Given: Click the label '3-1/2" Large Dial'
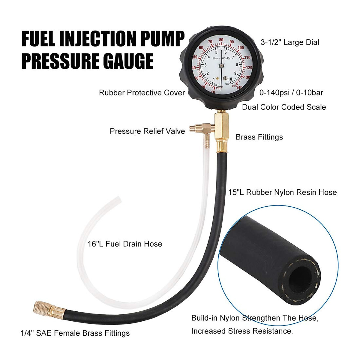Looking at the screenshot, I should coord(290,42).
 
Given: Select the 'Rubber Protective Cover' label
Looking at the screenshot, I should coord(142,93).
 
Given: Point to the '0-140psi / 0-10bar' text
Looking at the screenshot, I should coord(291,93).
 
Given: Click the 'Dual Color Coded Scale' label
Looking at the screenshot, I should coord(284,107).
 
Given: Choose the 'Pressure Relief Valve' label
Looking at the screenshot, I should coord(147,131).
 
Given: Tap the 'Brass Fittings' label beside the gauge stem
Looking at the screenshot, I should coord(259,137).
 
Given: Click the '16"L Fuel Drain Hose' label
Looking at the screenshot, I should coord(125,244).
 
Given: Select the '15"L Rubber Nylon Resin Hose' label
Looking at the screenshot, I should coord(282,192).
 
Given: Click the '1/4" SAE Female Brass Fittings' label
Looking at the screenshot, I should coord(75,333).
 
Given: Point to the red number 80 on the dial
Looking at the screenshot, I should coord(221,40).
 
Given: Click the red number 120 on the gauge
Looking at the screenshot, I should coord(249,67).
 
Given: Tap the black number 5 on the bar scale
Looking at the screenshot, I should coord(216,52).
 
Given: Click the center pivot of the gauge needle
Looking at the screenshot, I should coord(221,66).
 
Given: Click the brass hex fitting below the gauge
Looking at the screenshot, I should coord(222,126).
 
